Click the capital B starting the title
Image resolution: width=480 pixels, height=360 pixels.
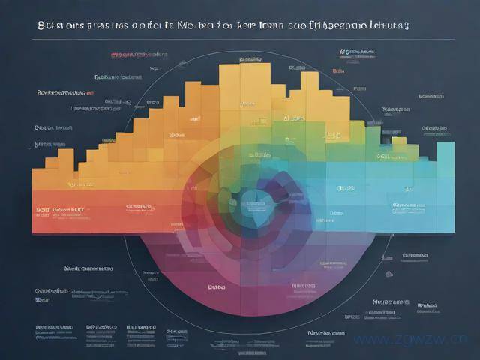40,25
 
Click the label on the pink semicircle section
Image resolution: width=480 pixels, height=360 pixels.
217,286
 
